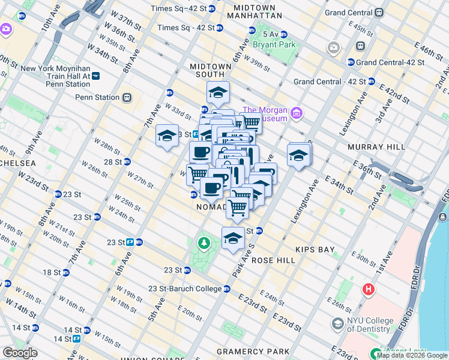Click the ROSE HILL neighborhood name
273,260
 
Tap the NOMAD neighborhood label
211,206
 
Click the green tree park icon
205,243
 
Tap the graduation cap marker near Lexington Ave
298,155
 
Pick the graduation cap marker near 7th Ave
167,136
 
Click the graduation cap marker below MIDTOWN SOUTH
218,92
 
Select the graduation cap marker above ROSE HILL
233,238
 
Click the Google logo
20,353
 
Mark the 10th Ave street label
50,25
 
